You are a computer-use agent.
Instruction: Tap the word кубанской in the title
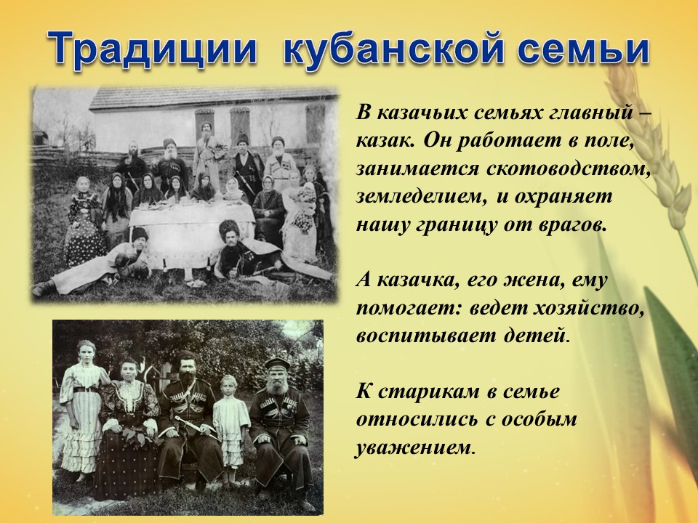pyautogui.click(x=393, y=49)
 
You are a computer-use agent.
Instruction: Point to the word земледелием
pyautogui.click(x=420, y=198)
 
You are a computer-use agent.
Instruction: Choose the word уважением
pyautogui.click(x=413, y=447)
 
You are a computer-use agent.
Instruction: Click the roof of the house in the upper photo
pyautogui.click(x=213, y=98)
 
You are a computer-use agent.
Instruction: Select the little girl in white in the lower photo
pyautogui.click(x=230, y=427)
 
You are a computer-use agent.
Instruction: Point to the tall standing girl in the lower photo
pyautogui.click(x=83, y=409)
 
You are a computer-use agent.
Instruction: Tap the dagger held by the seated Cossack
pyautogui.click(x=195, y=425)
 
